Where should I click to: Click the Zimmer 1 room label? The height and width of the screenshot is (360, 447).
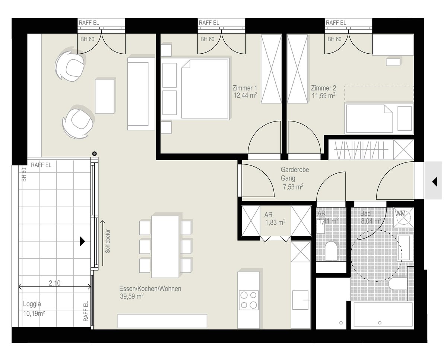coord(244,88)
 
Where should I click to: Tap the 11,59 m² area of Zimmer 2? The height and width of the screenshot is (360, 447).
coord(323,96)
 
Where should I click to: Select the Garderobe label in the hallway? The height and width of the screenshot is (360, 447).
coord(295,170)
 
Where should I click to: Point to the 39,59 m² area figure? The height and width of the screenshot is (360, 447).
coord(132,296)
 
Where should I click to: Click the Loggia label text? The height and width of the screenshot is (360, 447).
coord(32,304)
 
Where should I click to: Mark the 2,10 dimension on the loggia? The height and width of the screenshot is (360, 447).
coord(55,283)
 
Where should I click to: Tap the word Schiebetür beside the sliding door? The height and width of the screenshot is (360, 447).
coord(108,241)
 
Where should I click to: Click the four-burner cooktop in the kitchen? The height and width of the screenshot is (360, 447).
coord(248,300)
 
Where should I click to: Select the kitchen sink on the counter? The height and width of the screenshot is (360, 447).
coord(300,300)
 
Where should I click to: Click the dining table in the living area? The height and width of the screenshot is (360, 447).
coord(165,247)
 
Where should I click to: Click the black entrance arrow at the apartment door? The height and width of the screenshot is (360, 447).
coord(435,182)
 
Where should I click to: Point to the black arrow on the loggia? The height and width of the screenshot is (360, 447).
coord(83,241)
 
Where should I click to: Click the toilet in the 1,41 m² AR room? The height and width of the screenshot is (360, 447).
coord(331,251)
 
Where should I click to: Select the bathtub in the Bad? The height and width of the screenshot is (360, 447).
coord(383,315)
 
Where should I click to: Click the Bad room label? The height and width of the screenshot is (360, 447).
coord(365,214)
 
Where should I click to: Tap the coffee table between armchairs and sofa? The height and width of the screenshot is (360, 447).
coord(105,96)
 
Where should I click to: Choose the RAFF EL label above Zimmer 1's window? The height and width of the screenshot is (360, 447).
coord(209,23)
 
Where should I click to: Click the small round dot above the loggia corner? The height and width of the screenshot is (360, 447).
coord(95,154)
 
